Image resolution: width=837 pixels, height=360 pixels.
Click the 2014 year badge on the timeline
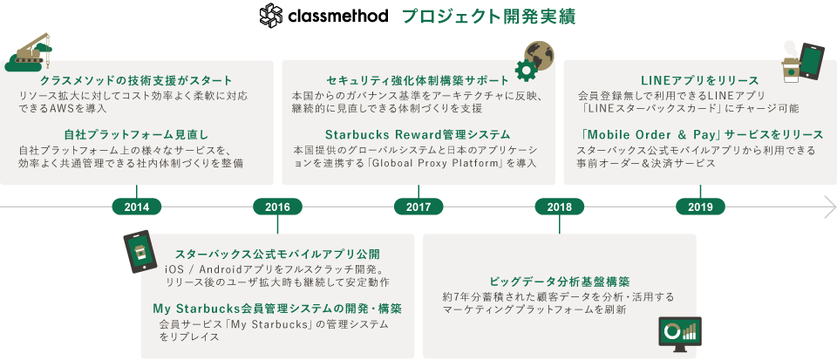[x=137, y=207]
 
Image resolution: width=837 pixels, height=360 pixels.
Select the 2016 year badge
[x=277, y=207]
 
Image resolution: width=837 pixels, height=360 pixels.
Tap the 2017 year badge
[x=418, y=207]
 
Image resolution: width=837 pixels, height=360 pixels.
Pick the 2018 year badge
[x=560, y=207]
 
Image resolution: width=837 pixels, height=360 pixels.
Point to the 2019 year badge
[x=700, y=207]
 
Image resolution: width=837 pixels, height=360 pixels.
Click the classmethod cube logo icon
[x=271, y=16]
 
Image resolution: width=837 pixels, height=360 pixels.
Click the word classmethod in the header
[x=338, y=16]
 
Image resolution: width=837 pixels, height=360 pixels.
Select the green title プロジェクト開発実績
[x=488, y=17]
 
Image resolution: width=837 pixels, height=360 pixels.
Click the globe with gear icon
[x=534, y=60]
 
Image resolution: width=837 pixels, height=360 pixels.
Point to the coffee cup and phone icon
[x=803, y=63]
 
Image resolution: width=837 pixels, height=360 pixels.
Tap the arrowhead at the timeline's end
[x=831, y=207]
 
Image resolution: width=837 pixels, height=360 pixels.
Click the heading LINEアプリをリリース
[x=700, y=80]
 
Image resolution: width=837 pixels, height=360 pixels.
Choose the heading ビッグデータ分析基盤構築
[x=560, y=281]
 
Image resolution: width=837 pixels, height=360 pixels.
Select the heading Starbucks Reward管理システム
[x=418, y=134]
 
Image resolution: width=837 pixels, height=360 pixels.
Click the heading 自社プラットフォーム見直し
[x=136, y=134]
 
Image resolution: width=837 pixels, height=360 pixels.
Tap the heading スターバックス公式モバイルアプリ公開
[x=277, y=254]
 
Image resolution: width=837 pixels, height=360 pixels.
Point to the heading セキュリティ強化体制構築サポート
[x=418, y=80]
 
